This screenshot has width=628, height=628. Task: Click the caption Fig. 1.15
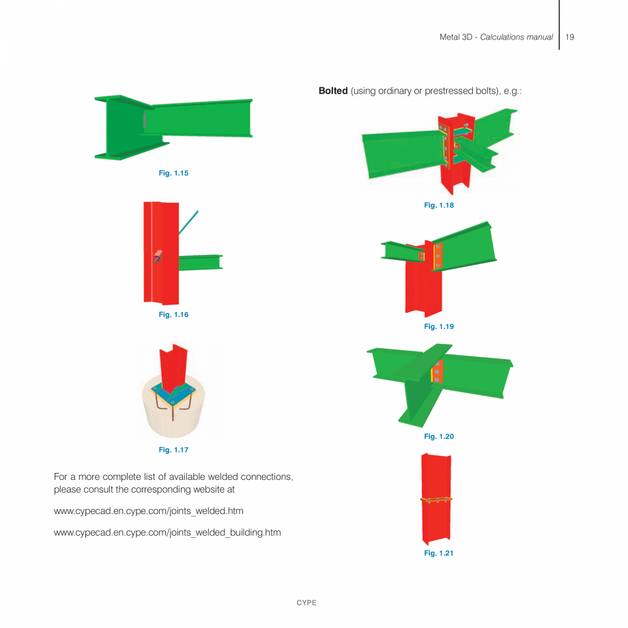click(173, 173)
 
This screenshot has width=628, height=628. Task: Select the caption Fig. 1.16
click(173, 315)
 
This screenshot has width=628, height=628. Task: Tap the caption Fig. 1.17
click(173, 450)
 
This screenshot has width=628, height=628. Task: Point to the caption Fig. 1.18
click(439, 205)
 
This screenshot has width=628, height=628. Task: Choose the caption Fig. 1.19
click(439, 327)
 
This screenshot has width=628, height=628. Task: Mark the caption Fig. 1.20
click(439, 436)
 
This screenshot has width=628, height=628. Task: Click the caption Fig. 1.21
click(439, 553)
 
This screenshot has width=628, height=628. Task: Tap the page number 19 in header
click(570, 37)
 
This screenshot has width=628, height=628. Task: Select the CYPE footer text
click(306, 603)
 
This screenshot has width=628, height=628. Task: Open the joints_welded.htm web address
click(148, 511)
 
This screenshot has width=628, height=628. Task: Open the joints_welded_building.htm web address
click(167, 532)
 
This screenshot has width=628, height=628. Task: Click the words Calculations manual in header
click(516, 37)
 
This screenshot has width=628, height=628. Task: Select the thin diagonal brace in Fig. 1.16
click(189, 223)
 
